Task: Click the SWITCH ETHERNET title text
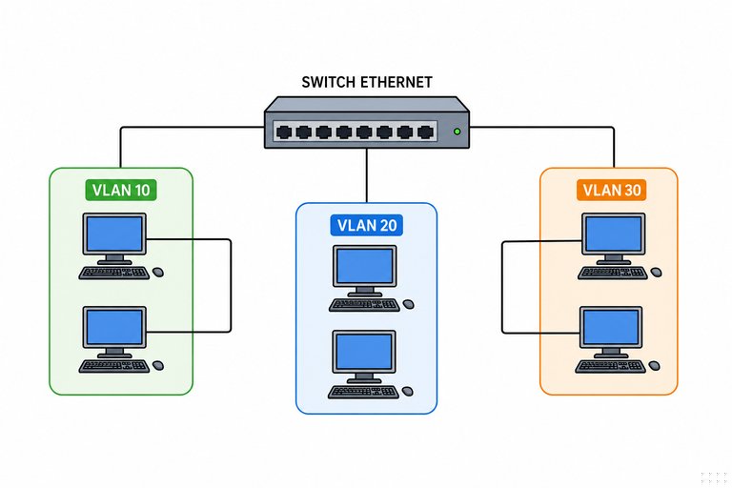366,82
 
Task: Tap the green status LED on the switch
457,132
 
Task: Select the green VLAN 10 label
121,190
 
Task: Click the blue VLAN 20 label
366,225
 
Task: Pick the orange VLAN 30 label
612,190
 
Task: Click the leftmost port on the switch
284,132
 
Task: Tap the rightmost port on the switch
425,132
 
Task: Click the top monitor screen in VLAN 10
114,234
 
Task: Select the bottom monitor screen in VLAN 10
114,327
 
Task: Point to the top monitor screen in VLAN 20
365,266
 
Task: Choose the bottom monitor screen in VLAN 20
364,351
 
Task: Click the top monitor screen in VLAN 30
614,234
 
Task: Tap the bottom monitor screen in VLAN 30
611,327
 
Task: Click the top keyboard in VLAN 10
114,273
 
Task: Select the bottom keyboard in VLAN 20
364,392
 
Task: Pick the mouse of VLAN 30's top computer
657,272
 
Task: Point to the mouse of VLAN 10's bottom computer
158,365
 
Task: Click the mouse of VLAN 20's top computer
409,304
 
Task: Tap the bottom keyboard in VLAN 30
611,366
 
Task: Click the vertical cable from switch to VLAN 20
367,175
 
